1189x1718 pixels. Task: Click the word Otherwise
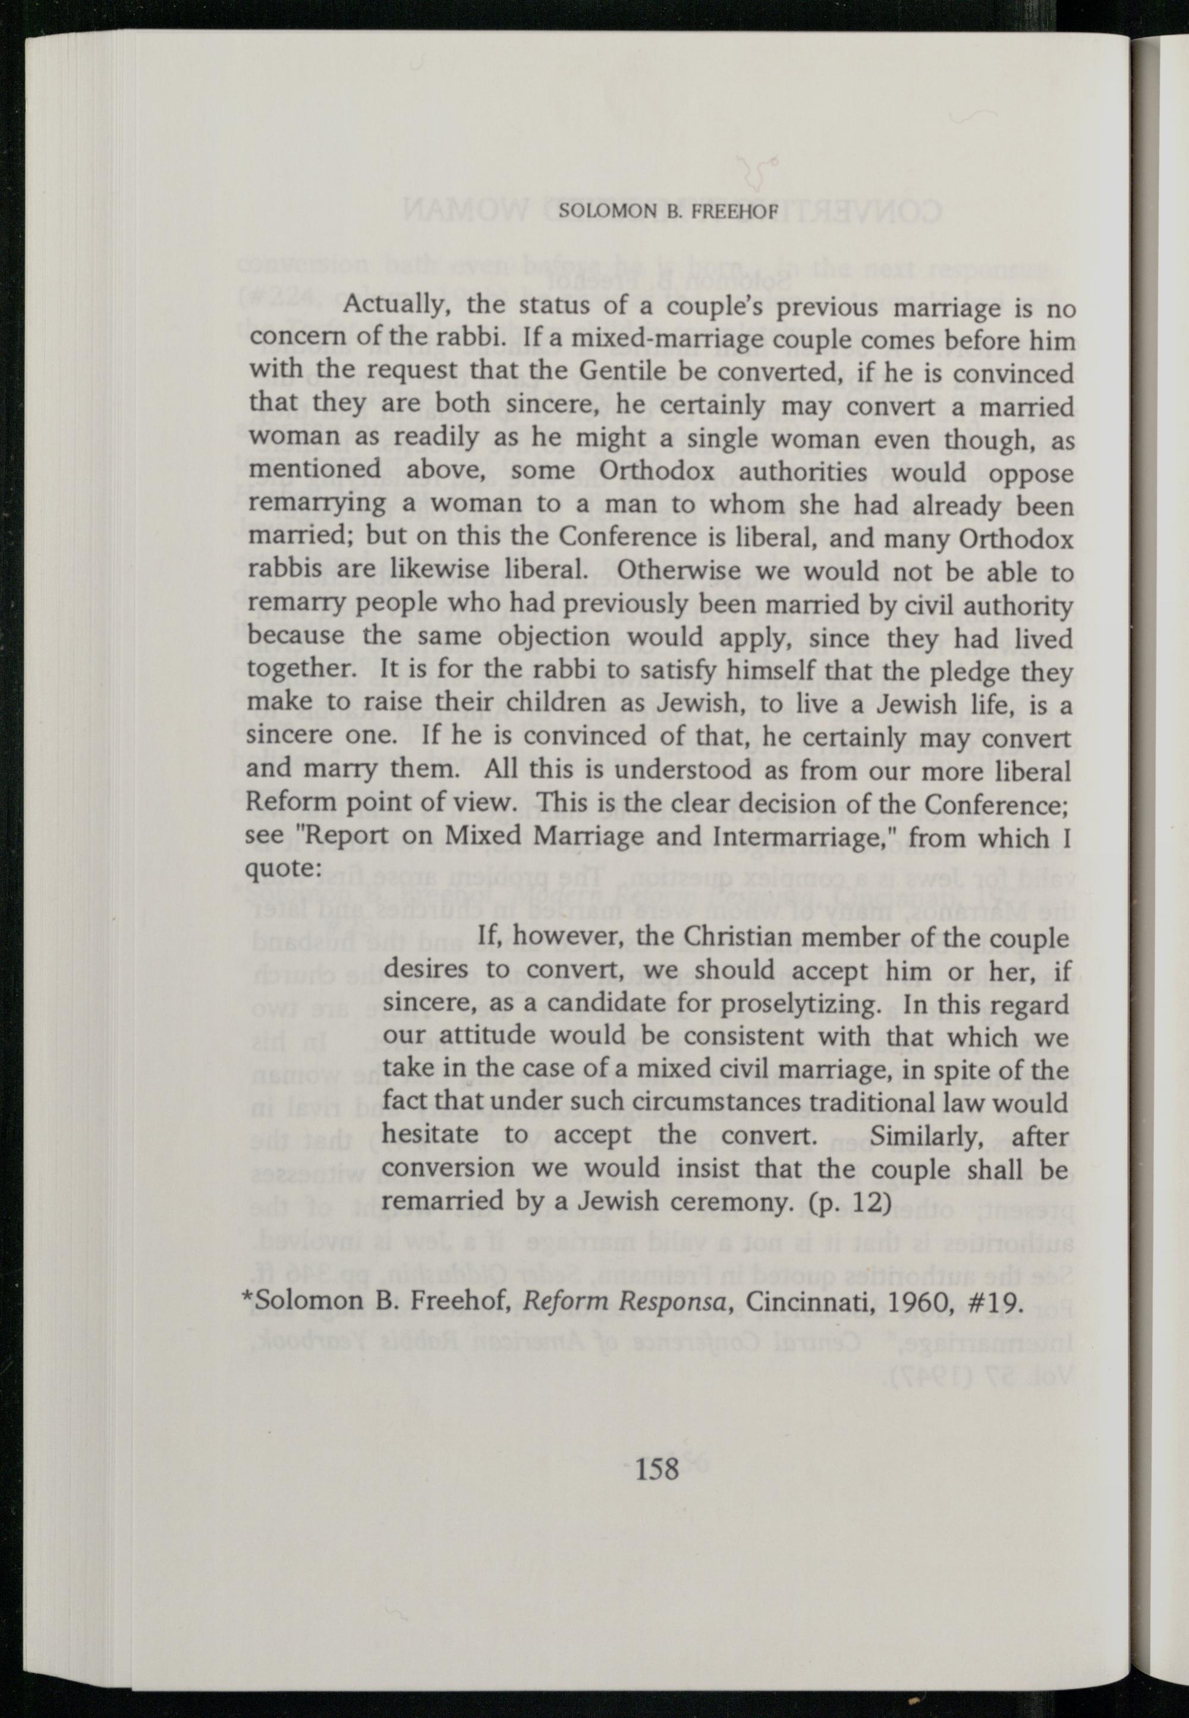[x=677, y=573]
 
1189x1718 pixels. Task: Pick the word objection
[x=553, y=638]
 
